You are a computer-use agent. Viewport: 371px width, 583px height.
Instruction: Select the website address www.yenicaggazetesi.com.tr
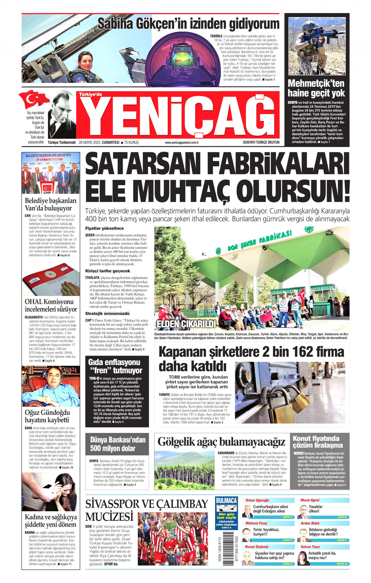(182, 142)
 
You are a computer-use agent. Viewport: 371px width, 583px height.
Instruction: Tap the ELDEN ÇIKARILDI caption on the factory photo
(187, 324)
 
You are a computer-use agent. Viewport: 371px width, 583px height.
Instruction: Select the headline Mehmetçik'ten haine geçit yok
(316, 88)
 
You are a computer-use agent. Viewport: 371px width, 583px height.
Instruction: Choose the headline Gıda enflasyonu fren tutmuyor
(115, 366)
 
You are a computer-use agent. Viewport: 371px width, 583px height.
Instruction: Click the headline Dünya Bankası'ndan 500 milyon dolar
(117, 444)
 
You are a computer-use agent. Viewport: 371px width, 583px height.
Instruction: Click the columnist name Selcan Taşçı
(310, 547)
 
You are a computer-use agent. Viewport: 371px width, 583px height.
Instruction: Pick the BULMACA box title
(226, 500)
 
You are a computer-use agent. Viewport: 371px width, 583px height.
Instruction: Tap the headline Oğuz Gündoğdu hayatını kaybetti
(47, 416)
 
